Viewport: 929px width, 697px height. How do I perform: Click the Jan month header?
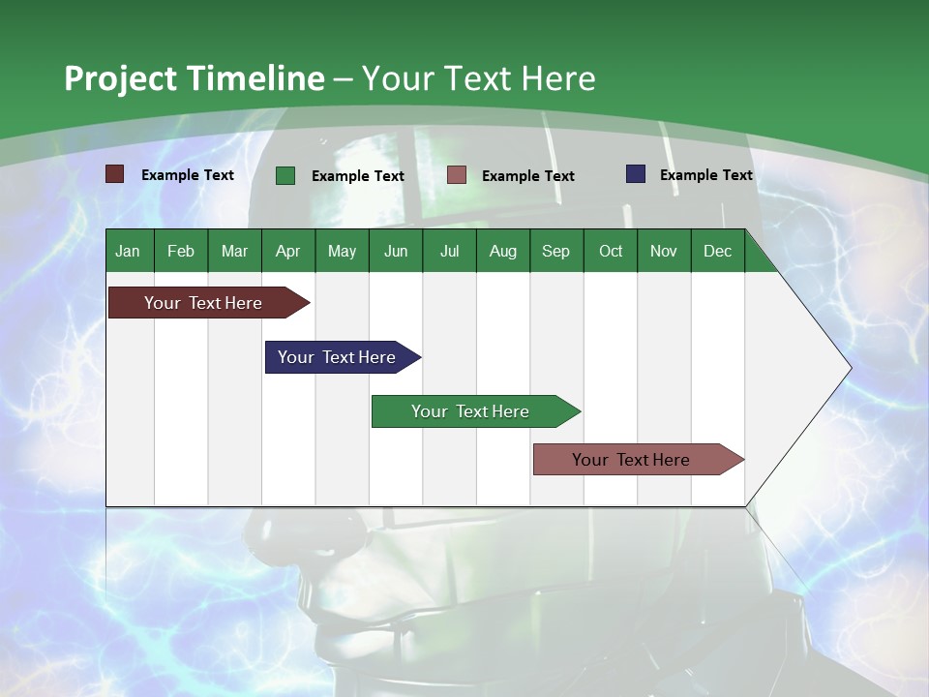tap(128, 251)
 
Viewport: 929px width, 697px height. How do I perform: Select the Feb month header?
tap(181, 251)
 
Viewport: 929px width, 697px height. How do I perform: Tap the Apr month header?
tap(287, 251)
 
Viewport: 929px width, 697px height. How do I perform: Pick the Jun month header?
tap(396, 251)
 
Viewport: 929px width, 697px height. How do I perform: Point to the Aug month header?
tap(502, 251)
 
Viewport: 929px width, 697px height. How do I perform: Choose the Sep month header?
tap(555, 251)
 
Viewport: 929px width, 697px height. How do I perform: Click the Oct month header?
tap(611, 251)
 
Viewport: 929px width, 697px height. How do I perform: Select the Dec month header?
tap(717, 251)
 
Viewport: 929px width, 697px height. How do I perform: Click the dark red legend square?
tap(115, 174)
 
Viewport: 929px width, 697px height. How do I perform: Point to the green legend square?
tap(285, 175)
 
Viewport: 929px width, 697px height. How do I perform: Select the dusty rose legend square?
tap(457, 174)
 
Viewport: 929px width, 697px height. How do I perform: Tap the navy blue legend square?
tap(636, 174)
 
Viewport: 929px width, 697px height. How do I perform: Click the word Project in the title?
tap(119, 78)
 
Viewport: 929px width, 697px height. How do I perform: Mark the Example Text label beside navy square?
tap(705, 175)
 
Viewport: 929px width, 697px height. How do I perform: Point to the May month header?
tap(342, 251)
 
